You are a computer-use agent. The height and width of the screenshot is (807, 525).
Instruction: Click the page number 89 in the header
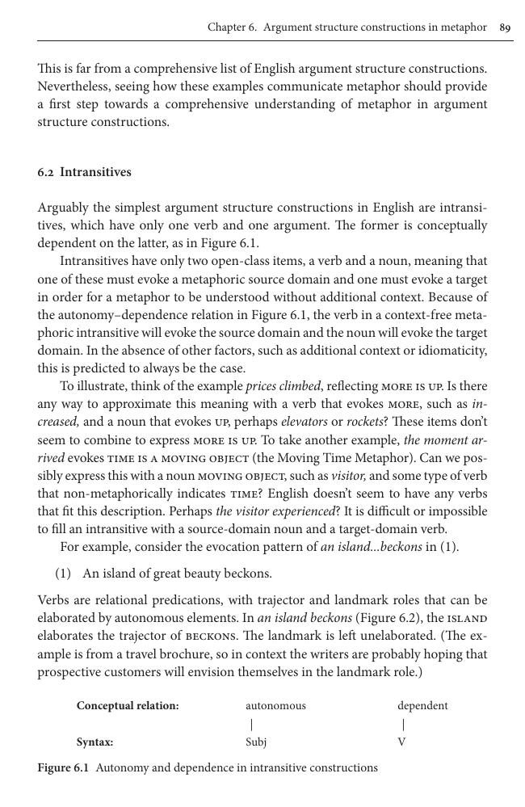click(505, 27)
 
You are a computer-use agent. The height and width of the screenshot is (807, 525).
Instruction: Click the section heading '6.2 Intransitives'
click(84, 172)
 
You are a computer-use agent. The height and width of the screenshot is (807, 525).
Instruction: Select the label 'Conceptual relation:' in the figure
click(128, 705)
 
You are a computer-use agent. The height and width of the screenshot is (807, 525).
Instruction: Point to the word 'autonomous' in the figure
click(275, 705)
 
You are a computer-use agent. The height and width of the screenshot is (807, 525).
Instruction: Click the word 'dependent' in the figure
click(422, 705)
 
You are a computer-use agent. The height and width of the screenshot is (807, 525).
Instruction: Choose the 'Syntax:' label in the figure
click(94, 742)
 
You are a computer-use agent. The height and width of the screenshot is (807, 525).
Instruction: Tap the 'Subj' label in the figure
click(256, 742)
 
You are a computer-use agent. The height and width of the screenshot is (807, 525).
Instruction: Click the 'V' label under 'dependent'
click(401, 742)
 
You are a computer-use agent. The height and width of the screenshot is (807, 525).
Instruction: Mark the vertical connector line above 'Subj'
click(251, 724)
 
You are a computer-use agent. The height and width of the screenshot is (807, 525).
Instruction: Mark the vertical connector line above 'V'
click(403, 724)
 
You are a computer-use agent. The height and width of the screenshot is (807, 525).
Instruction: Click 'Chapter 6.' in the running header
click(232, 27)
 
